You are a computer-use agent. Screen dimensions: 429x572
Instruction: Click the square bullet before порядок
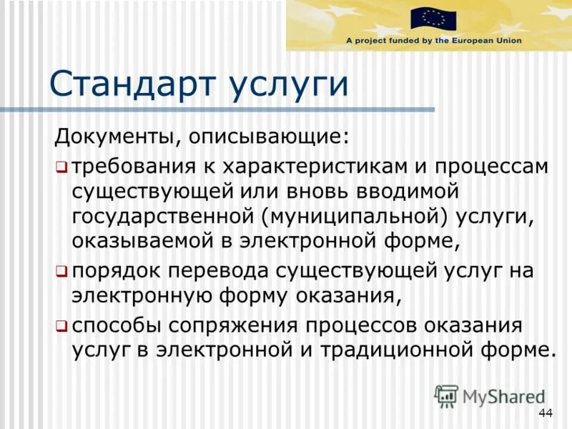pyautogui.click(x=61, y=272)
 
